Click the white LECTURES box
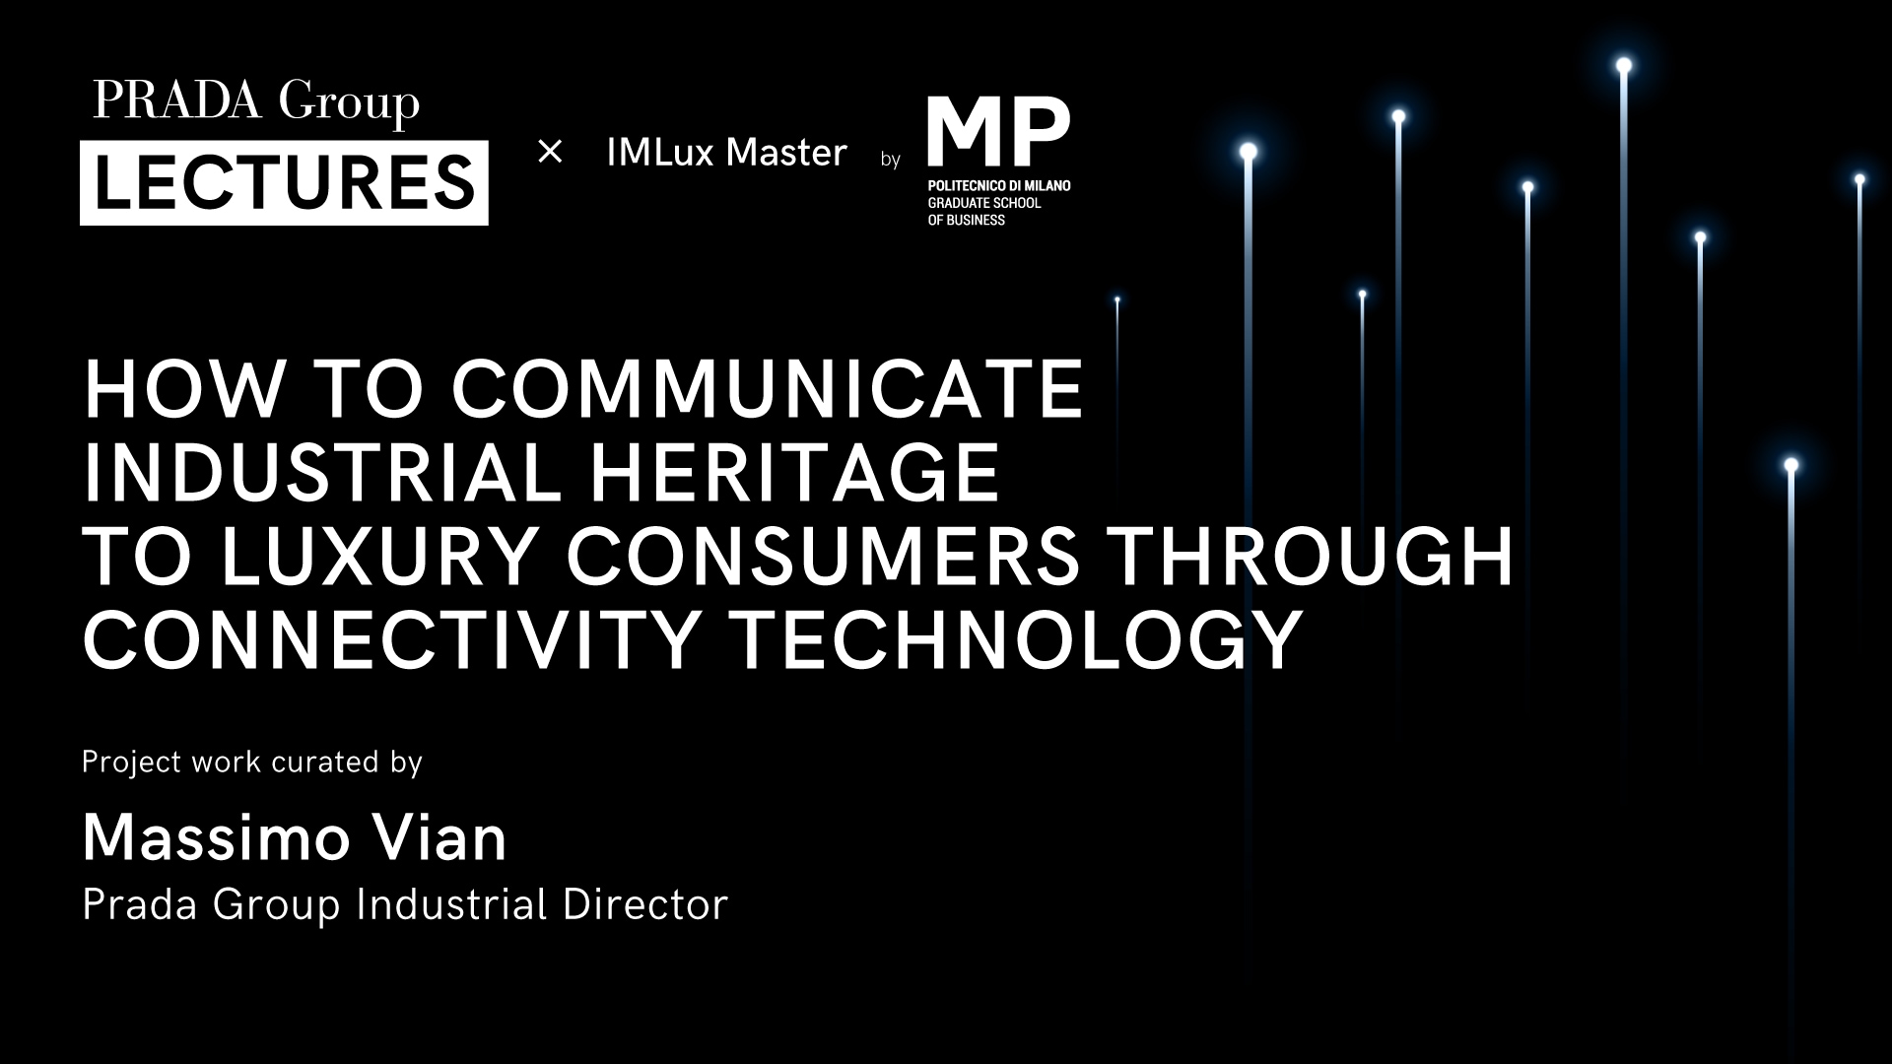[x=284, y=183]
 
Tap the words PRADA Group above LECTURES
[x=256, y=102]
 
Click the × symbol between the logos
[x=550, y=152]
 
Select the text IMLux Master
[x=727, y=153]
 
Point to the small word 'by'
[x=891, y=159]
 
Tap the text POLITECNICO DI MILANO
[x=998, y=185]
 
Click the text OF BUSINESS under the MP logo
[x=966, y=220]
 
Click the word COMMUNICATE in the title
[x=768, y=388]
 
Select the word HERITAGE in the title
[x=794, y=472]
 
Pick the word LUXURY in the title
[x=379, y=556]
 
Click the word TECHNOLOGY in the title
[x=1019, y=639]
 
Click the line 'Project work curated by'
[x=252, y=763]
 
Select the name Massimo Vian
[x=295, y=838]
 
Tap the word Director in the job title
[x=645, y=904]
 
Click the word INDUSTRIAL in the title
[x=321, y=472]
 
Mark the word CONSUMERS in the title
[x=823, y=556]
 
